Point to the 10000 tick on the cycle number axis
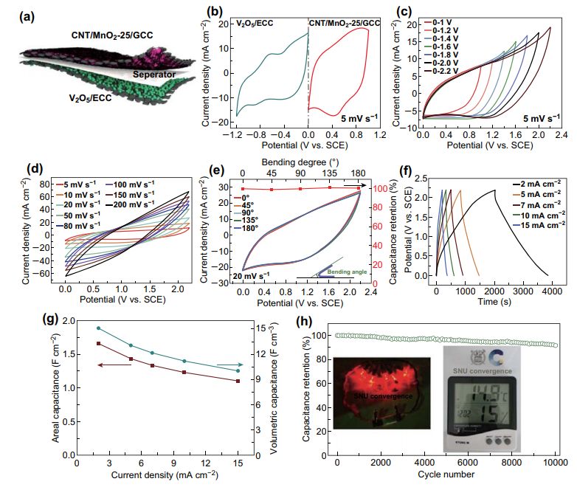[555, 462]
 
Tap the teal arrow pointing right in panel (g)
[230, 365]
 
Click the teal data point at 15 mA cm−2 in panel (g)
[238, 370]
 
